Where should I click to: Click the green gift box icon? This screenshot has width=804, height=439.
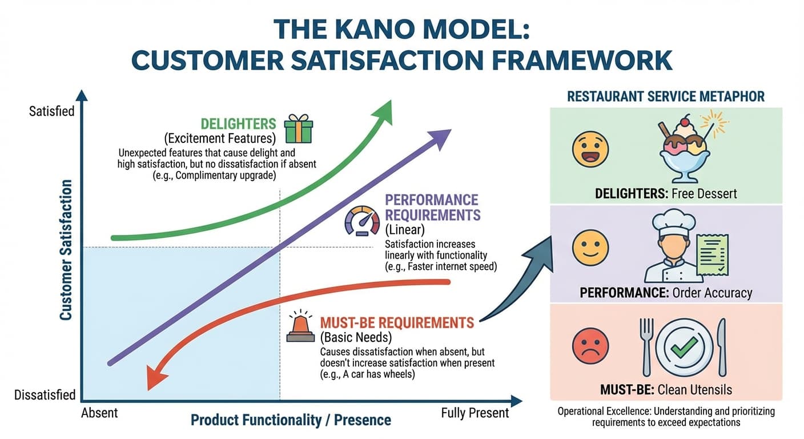click(x=299, y=129)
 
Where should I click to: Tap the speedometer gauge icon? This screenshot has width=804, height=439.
click(x=362, y=221)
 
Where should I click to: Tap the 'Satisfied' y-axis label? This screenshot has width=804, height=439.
click(x=52, y=111)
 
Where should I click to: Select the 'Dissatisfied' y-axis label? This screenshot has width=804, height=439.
click(x=45, y=395)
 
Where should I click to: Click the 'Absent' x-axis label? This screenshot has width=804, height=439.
click(x=99, y=413)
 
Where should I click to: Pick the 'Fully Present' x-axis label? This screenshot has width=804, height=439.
click(x=475, y=413)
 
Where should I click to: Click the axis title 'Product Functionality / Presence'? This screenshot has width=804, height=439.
click(x=291, y=421)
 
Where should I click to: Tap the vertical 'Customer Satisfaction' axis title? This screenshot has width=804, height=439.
click(x=66, y=250)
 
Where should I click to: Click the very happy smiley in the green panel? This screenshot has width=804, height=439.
click(x=590, y=149)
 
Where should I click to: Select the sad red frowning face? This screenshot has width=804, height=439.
click(x=590, y=346)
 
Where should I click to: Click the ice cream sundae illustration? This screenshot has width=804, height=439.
click(x=685, y=146)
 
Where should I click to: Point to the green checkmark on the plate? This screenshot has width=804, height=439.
click(x=684, y=345)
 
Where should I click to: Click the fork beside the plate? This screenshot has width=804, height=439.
click(x=646, y=346)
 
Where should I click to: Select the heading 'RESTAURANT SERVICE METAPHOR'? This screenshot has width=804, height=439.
click(x=665, y=96)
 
